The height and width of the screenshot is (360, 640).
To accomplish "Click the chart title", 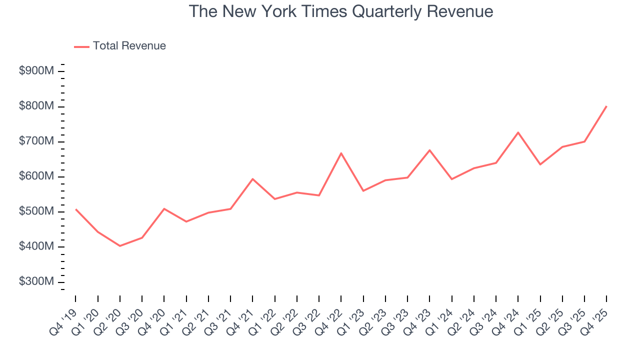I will (341, 11).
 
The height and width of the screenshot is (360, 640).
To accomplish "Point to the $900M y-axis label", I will (36, 71).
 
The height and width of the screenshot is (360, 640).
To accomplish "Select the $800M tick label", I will (36, 106).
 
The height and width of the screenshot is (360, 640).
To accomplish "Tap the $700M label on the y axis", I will (36, 141).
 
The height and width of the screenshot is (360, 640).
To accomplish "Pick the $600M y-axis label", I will (36, 176).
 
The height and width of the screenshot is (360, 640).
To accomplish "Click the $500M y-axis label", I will (36, 211).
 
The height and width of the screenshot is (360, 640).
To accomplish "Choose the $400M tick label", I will (36, 247).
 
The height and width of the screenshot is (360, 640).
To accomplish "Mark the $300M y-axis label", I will (36, 282).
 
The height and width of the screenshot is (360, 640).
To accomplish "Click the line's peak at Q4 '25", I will (606, 106).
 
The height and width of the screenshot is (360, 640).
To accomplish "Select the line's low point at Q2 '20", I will (120, 246).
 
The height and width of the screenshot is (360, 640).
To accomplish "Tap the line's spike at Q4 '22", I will (341, 153).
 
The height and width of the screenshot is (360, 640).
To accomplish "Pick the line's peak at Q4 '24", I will (518, 132).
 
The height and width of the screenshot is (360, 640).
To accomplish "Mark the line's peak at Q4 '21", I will (252, 178).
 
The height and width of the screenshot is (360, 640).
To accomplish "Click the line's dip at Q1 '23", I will (363, 191).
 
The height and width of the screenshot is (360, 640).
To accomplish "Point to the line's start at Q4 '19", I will (75, 209).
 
